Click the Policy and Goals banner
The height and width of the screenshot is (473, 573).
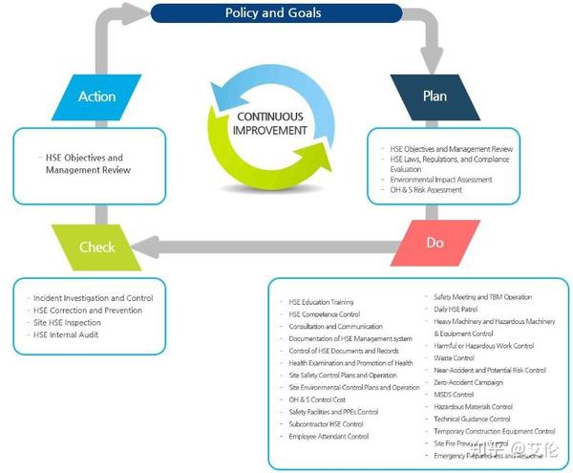[x=272, y=13]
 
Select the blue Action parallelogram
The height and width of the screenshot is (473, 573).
[x=96, y=97]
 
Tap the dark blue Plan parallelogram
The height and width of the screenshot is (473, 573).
[x=435, y=97]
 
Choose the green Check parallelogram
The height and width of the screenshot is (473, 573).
[x=96, y=247]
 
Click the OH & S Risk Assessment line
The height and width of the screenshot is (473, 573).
[x=425, y=190]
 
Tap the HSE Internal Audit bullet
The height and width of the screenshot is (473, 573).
[x=66, y=334]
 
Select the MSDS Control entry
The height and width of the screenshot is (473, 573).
[x=454, y=394]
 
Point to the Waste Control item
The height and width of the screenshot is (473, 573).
[x=454, y=357]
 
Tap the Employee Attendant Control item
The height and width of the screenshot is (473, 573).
[x=329, y=436]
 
